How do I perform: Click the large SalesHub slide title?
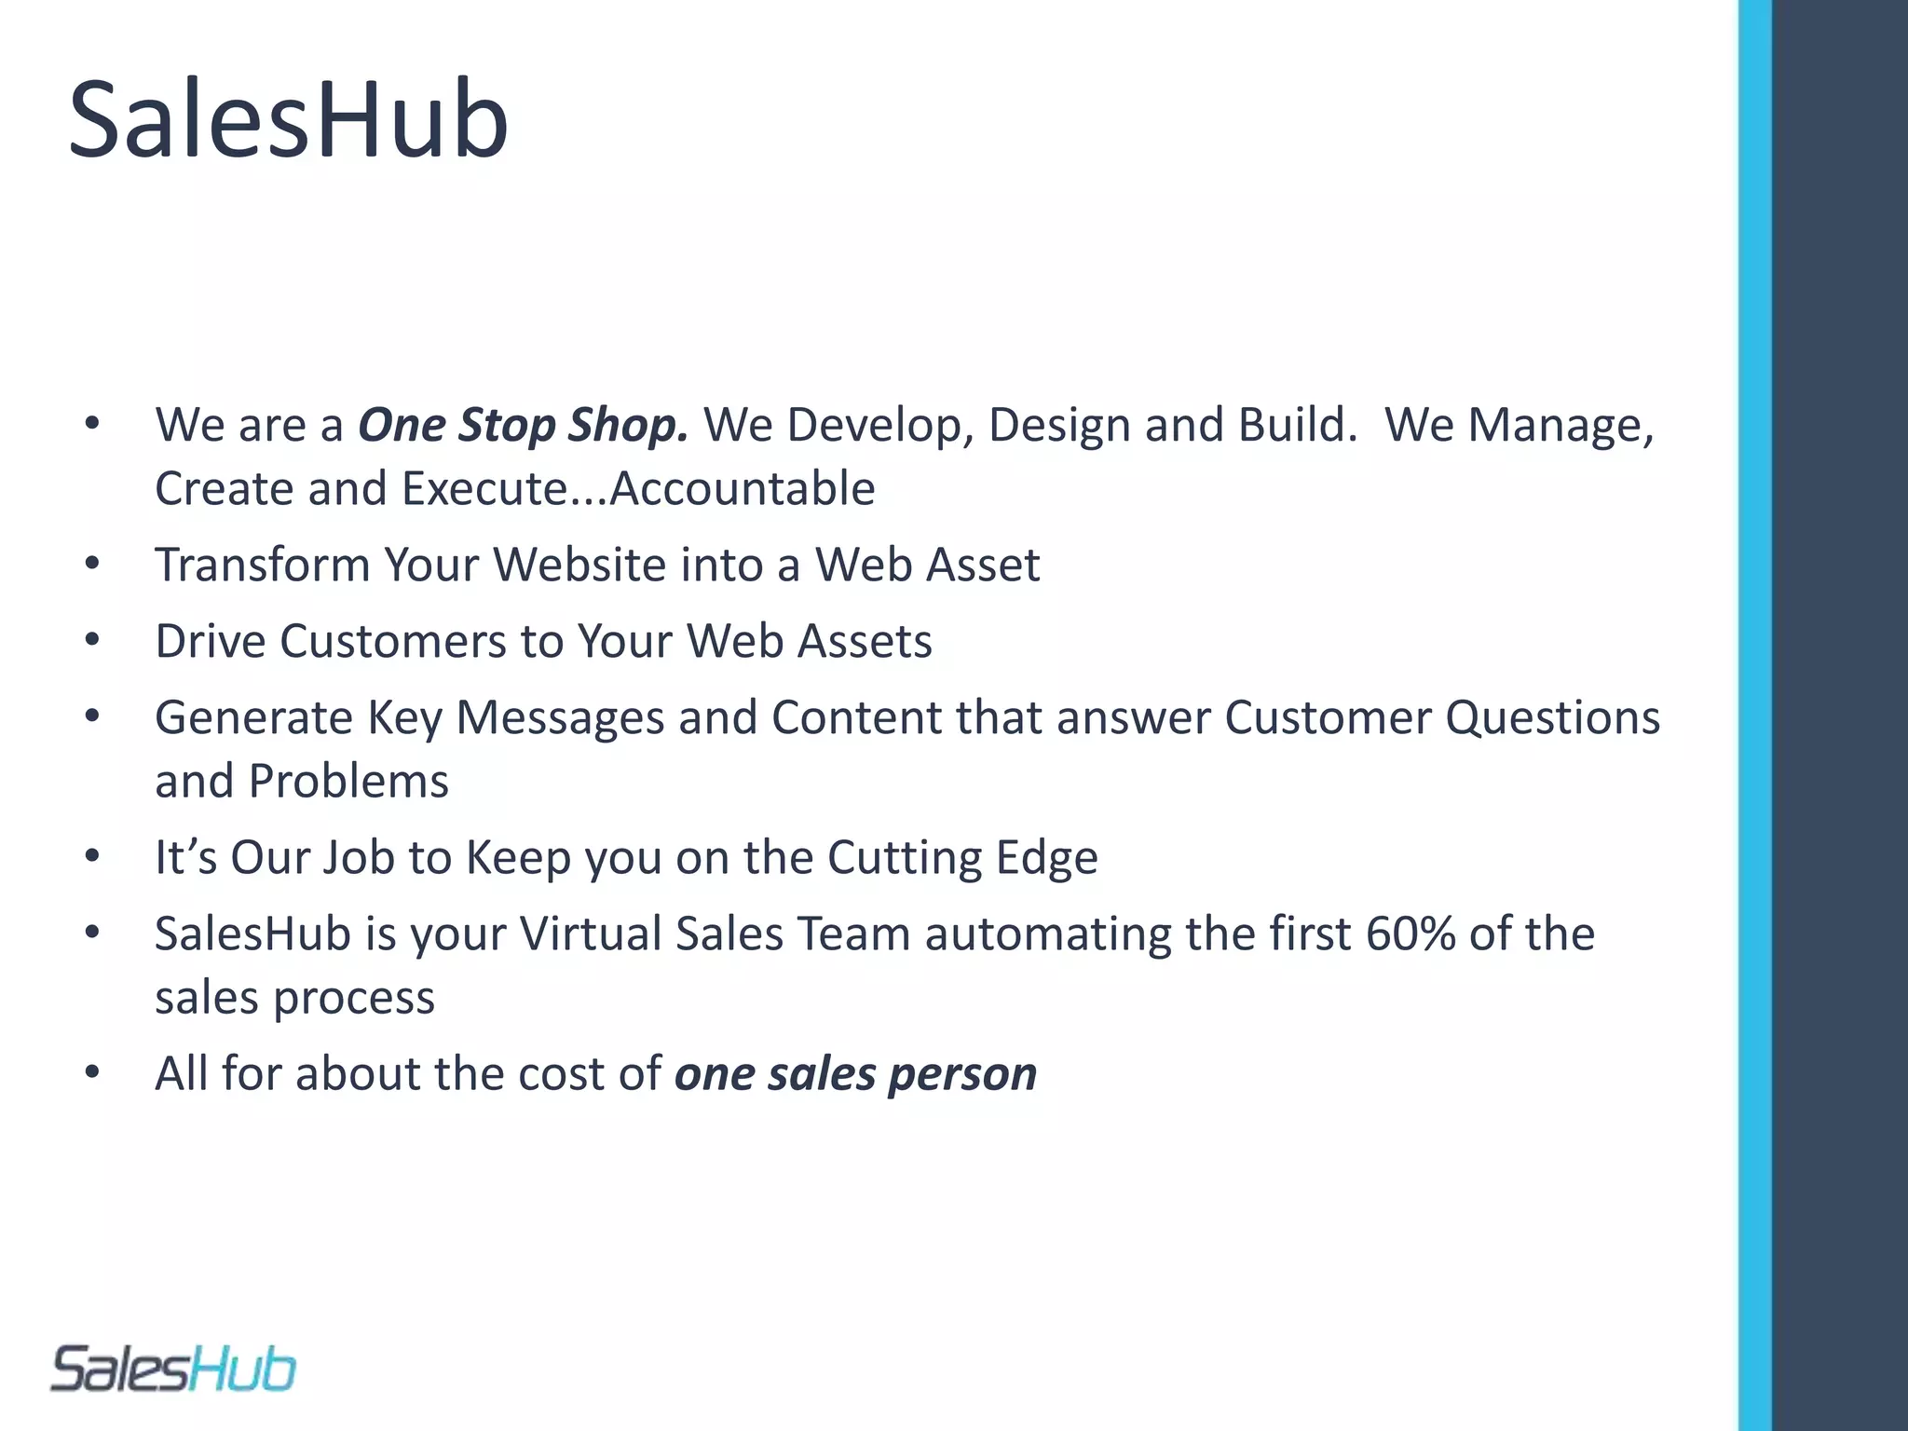(x=289, y=119)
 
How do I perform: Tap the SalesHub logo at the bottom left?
(x=173, y=1370)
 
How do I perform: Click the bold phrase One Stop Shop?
(x=523, y=426)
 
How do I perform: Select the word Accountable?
(x=743, y=489)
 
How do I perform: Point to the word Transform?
(x=263, y=566)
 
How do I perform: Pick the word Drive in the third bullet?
(x=211, y=642)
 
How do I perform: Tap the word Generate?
(x=253, y=718)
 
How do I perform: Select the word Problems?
(x=348, y=782)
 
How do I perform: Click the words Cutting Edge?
(x=962, y=858)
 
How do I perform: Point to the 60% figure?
(x=1411, y=934)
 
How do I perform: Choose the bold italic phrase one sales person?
(x=855, y=1074)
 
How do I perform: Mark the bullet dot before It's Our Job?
(x=91, y=856)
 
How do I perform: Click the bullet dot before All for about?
(x=91, y=1072)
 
